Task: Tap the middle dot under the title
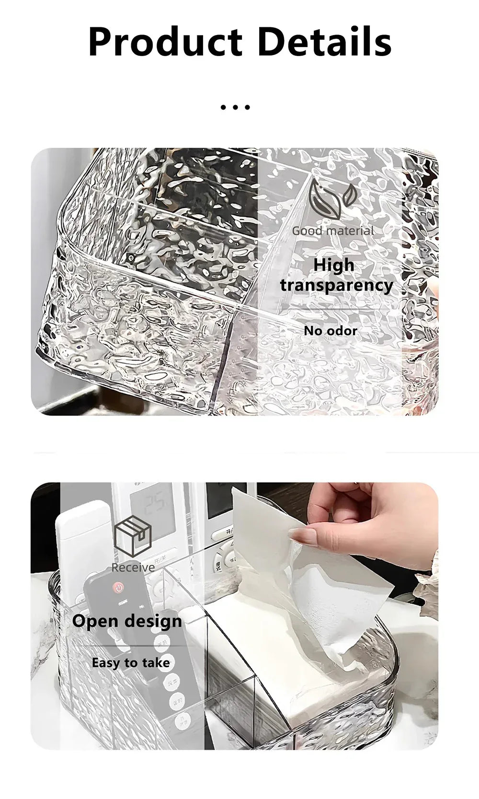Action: point(235,107)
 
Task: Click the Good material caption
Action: point(333,231)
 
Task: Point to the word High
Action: point(334,265)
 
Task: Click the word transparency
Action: point(336,285)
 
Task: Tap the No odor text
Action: point(331,331)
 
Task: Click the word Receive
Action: point(133,567)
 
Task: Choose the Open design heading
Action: point(127,621)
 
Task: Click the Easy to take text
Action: point(131,663)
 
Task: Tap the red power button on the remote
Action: point(118,588)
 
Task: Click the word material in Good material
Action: point(350,231)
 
